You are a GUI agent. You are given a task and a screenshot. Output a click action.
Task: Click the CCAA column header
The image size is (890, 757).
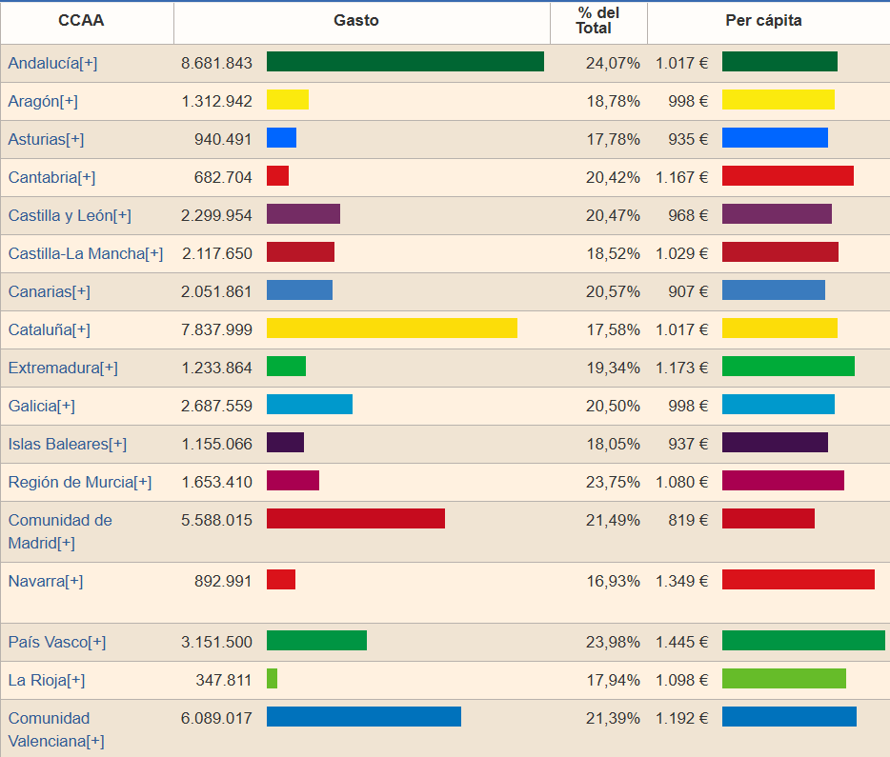point(81,20)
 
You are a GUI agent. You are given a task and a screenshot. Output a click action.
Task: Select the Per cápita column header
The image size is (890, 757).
point(763,20)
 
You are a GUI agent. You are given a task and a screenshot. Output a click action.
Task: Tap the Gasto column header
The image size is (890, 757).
point(355,20)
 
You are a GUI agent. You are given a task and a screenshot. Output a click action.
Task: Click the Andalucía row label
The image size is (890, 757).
point(52,63)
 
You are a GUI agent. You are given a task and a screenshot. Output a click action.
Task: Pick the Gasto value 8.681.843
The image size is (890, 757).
point(216,63)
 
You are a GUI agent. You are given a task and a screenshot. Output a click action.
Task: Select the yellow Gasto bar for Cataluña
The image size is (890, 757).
point(392,328)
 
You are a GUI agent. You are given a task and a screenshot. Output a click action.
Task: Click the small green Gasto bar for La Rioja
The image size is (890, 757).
point(272,678)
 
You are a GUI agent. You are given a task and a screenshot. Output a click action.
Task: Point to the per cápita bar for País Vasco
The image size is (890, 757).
point(803,640)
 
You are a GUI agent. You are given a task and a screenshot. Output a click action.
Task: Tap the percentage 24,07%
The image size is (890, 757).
point(613,63)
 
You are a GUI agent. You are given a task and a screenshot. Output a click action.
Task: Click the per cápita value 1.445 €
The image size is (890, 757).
point(681,642)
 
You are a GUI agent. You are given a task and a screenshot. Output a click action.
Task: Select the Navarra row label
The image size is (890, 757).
point(46,581)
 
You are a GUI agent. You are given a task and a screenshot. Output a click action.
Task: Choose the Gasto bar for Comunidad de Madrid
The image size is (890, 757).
point(355,518)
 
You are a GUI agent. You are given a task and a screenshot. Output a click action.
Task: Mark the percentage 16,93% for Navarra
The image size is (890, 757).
point(613,581)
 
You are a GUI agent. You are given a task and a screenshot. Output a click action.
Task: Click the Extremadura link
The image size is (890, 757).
point(63,368)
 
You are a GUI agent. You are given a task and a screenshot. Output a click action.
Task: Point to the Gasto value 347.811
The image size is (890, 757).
point(224,680)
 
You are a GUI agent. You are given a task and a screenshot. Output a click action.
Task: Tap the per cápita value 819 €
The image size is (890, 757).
point(688,520)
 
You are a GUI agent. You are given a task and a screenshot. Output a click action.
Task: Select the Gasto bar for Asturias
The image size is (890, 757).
point(281,137)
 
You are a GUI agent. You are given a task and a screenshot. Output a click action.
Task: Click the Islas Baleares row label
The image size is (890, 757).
point(67,444)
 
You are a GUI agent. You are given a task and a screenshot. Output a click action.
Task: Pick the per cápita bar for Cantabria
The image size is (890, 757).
point(788,175)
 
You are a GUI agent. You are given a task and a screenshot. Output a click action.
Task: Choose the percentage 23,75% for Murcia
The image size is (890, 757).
point(613,482)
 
